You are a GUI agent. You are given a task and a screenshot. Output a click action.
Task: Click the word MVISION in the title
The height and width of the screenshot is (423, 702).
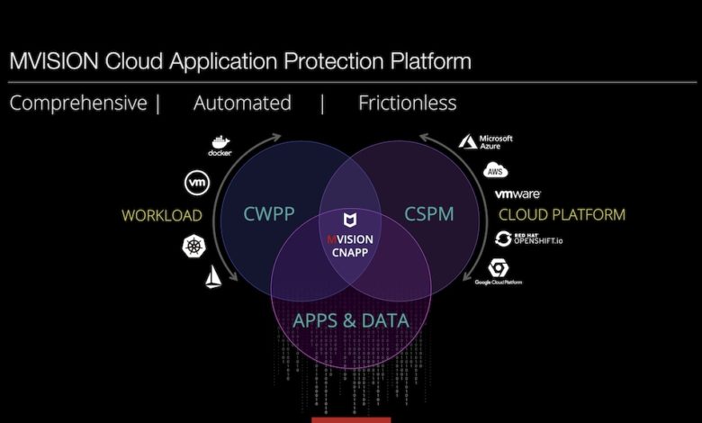pyautogui.click(x=53, y=61)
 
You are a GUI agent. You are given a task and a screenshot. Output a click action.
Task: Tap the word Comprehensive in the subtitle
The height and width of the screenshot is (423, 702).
pyautogui.click(x=77, y=103)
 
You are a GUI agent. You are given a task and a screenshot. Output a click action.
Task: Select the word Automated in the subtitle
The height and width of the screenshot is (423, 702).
pyautogui.click(x=242, y=103)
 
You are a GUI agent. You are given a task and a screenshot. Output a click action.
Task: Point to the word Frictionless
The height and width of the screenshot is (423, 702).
pyautogui.click(x=407, y=103)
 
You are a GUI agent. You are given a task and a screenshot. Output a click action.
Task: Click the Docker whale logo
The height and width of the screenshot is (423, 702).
pyautogui.click(x=220, y=145)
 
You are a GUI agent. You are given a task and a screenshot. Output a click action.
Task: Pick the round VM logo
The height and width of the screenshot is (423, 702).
pyautogui.click(x=196, y=183)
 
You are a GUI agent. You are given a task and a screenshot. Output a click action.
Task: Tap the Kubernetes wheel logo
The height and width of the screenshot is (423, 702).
pyautogui.click(x=193, y=245)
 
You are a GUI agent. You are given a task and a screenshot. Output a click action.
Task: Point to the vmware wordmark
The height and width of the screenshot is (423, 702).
pyautogui.click(x=517, y=193)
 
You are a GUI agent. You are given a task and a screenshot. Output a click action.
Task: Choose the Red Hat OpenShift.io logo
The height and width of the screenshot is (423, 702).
pyautogui.click(x=527, y=238)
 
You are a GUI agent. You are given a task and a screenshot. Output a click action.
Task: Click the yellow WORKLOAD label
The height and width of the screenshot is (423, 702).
pyautogui.click(x=161, y=215)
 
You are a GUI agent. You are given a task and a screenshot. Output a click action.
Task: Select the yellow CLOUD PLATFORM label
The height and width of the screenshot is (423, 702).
pyautogui.click(x=562, y=215)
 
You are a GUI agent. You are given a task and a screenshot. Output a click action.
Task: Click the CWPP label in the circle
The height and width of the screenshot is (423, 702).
pyautogui.click(x=265, y=214)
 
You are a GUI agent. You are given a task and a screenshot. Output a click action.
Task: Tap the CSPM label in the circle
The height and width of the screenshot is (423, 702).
pyautogui.click(x=427, y=214)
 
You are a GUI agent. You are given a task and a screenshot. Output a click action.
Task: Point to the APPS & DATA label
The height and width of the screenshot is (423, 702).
pyautogui.click(x=350, y=319)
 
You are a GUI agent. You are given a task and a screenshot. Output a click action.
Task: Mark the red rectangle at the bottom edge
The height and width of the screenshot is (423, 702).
pyautogui.click(x=351, y=419)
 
